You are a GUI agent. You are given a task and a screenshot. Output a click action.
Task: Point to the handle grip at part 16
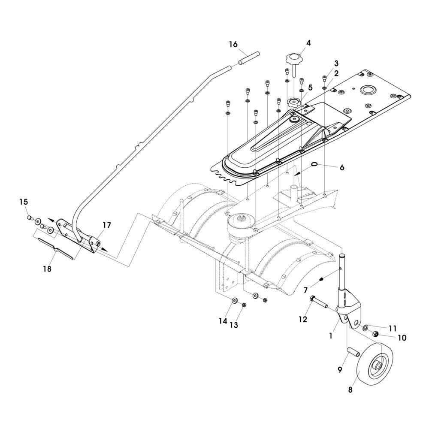point(249,57)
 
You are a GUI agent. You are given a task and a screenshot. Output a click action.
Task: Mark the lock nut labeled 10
point(374,333)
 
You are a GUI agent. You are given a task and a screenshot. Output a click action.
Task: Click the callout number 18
point(47,269)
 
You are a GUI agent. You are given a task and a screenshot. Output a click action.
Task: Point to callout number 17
point(106,225)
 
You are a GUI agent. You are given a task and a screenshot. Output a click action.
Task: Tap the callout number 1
point(330,336)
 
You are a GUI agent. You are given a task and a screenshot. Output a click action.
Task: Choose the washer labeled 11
point(366,328)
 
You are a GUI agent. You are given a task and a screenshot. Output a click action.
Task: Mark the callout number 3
point(336,63)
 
